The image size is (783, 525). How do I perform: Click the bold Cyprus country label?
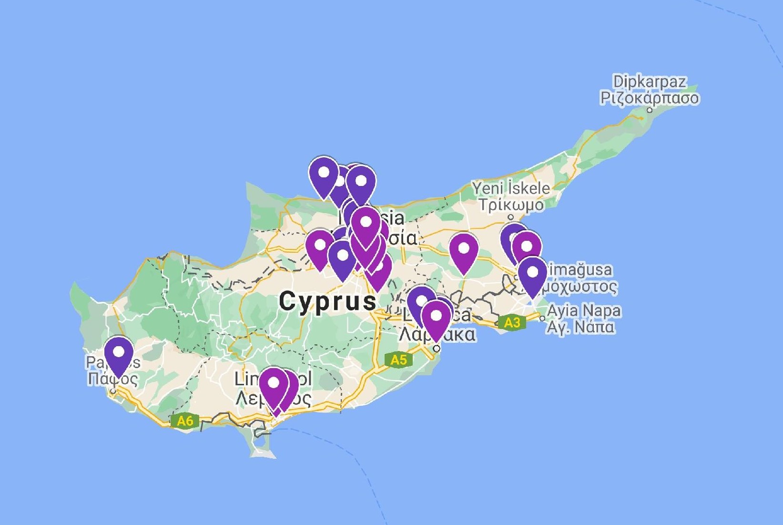[328, 301]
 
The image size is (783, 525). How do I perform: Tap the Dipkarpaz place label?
[650, 82]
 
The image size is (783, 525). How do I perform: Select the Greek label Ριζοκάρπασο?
[650, 98]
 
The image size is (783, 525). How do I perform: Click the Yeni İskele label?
[511, 188]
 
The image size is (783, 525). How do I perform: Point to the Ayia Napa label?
[584, 311]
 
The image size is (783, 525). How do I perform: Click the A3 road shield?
[512, 323]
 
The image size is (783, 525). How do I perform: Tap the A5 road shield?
[398, 359]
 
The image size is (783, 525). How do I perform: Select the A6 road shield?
[184, 421]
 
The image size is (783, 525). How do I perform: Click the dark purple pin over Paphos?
[119, 353]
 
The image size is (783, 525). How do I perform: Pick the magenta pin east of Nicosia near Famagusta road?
[463, 249]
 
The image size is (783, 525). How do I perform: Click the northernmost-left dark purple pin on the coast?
[324, 172]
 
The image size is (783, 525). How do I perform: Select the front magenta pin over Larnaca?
[436, 317]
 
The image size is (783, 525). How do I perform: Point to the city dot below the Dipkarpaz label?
[650, 110]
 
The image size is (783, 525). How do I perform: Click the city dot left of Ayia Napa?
[542, 319]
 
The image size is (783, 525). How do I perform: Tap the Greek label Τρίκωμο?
[511, 205]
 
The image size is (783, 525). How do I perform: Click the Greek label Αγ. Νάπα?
[580, 328]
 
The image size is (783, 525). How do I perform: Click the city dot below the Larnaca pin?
[436, 349]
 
